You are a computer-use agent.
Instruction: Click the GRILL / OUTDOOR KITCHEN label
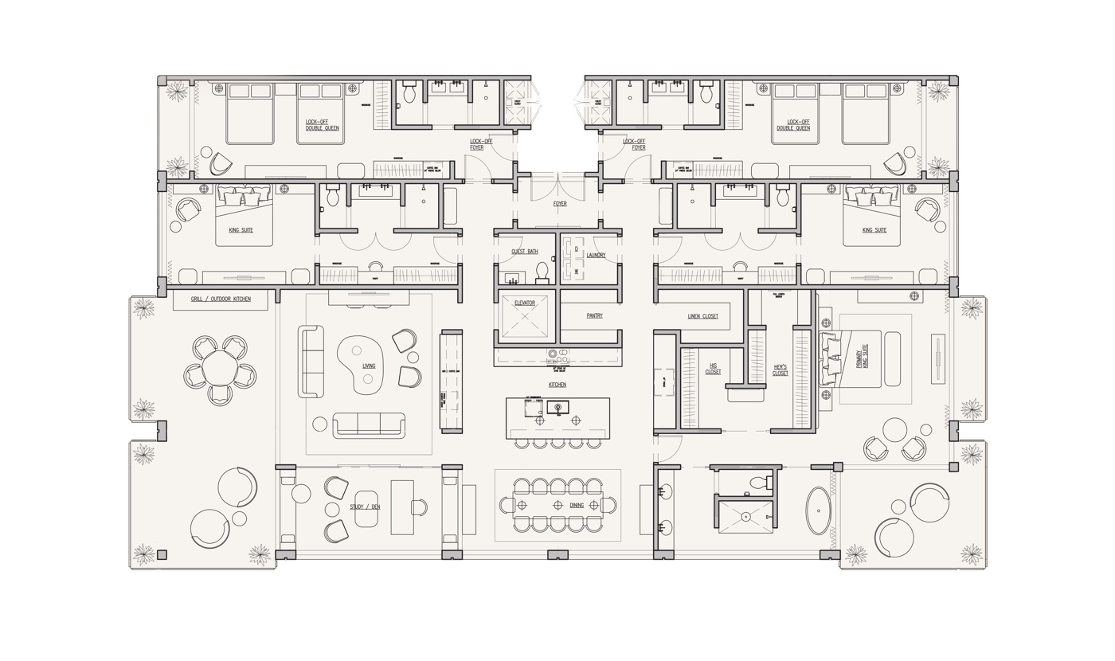(x=221, y=299)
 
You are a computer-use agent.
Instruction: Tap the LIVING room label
(x=369, y=366)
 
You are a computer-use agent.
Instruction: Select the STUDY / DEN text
(x=365, y=507)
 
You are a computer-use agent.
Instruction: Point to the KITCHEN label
(x=557, y=385)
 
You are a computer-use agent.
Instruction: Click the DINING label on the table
(x=577, y=506)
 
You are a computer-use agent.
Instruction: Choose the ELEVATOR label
(x=525, y=303)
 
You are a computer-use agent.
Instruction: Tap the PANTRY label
(x=594, y=316)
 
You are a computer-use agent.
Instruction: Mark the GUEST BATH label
(x=524, y=252)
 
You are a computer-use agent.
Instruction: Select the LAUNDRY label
(x=596, y=256)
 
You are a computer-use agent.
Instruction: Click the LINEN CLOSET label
(x=702, y=316)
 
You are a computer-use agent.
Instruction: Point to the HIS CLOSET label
(x=713, y=370)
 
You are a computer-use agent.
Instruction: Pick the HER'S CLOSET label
(x=780, y=370)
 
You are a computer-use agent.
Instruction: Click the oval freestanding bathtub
(x=818, y=510)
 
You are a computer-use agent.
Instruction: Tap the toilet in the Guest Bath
(x=542, y=273)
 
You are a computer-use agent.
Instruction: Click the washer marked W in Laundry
(x=577, y=272)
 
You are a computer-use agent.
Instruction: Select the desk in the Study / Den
(x=402, y=507)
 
